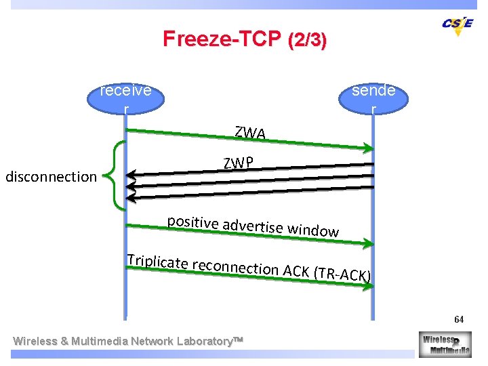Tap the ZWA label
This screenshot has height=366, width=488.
click(x=249, y=134)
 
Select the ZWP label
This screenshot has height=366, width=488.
click(x=239, y=163)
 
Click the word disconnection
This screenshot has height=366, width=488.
click(x=51, y=177)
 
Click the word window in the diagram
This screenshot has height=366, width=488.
click(x=312, y=230)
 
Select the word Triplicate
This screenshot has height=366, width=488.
click(x=157, y=262)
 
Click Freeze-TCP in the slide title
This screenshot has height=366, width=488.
click(x=222, y=39)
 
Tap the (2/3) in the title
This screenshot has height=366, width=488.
click(x=307, y=40)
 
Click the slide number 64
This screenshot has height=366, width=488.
click(x=459, y=319)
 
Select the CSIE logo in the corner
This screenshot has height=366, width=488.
click(x=457, y=25)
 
